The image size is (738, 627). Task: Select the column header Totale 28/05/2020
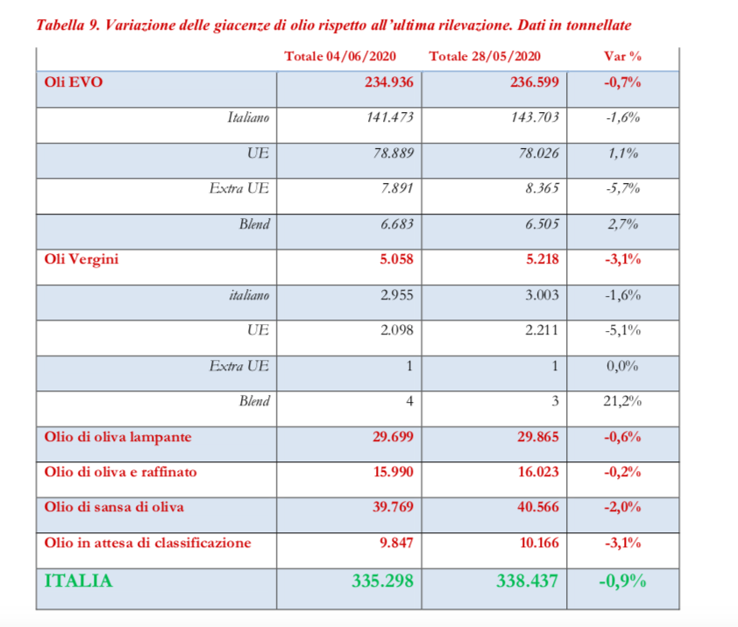(x=485, y=56)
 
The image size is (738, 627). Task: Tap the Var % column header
(x=622, y=56)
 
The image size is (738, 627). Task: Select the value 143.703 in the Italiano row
(x=535, y=117)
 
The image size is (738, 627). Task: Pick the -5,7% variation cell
(x=623, y=188)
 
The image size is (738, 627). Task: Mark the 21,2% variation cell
(x=623, y=401)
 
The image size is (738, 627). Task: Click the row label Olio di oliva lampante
(x=117, y=437)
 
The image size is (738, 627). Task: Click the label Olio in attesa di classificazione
(x=147, y=543)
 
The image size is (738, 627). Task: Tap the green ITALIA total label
(x=79, y=581)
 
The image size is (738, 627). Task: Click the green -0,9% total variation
(x=623, y=581)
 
